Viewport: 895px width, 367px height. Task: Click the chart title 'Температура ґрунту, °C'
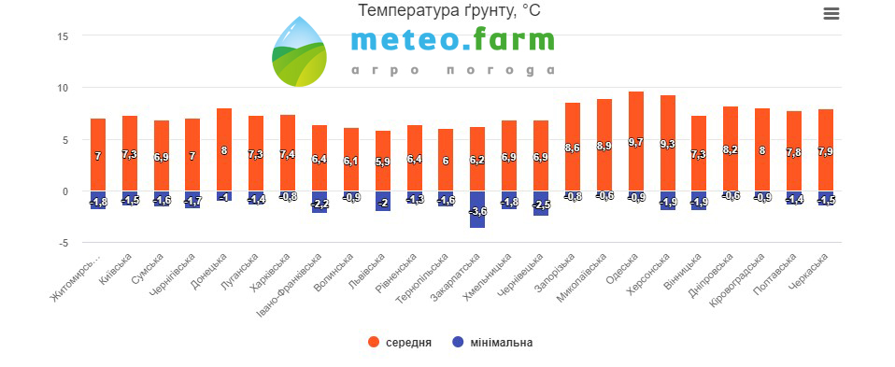448,9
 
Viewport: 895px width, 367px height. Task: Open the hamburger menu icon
831,14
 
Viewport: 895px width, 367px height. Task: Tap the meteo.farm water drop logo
299,51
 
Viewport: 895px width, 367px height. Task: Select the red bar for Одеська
636,141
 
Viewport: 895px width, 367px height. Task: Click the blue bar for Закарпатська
477,209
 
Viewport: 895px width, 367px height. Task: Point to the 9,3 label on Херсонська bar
668,145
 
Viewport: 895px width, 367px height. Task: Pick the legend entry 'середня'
400,343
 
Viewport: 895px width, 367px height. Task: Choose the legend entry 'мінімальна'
492,343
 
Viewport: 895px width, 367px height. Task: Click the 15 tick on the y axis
63,36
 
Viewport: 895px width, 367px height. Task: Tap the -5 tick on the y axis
63,243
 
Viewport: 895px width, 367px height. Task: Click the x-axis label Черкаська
812,270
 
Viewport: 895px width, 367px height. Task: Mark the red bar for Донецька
224,149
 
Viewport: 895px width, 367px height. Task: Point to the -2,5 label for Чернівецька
541,205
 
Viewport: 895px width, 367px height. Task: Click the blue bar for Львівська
383,202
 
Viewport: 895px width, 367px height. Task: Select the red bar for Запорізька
573,147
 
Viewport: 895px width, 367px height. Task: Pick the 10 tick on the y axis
63,88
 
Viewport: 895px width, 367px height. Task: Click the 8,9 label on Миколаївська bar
604,146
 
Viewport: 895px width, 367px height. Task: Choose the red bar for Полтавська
794,151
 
